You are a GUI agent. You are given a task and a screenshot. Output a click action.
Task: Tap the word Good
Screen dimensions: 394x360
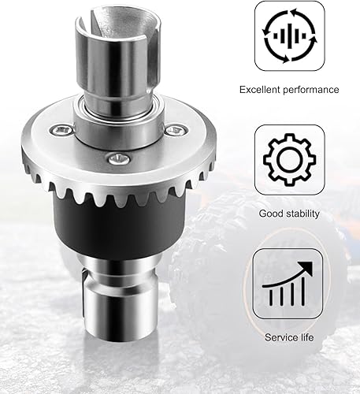[270, 214]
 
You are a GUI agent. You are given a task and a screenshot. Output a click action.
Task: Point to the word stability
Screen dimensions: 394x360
[302, 214]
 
